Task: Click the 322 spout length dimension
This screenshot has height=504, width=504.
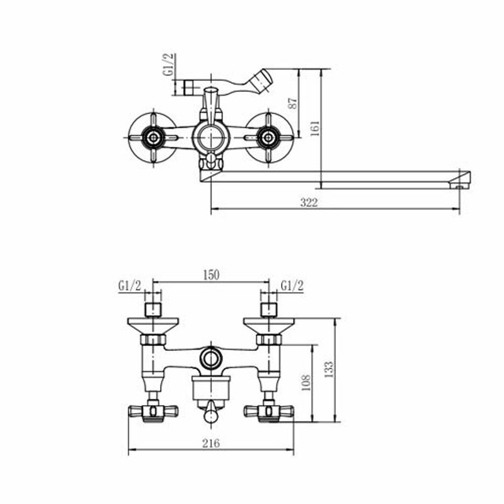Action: [x=309, y=202]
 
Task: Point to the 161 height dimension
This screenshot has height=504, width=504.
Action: [x=315, y=129]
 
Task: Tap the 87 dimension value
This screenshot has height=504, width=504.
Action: [x=293, y=103]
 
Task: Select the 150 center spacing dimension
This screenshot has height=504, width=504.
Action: [x=211, y=275]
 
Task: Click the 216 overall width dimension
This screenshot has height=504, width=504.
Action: [x=211, y=444]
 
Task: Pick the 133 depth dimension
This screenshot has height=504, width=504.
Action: [x=329, y=370]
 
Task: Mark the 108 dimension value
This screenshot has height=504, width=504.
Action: [x=306, y=383]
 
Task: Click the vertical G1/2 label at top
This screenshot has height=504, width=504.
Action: [x=168, y=65]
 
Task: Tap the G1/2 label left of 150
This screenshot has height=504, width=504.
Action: [x=130, y=286]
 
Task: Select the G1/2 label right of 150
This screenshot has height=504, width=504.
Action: [x=292, y=286]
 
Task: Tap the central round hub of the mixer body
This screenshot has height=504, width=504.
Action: [x=210, y=138]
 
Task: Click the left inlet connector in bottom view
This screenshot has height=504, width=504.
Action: [x=153, y=309]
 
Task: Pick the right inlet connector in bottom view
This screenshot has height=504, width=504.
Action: [x=269, y=309]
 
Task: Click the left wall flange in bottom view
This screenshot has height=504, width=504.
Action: [x=153, y=326]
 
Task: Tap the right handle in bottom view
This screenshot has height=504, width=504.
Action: [x=269, y=411]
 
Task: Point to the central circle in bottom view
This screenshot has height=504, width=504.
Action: [x=211, y=357]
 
